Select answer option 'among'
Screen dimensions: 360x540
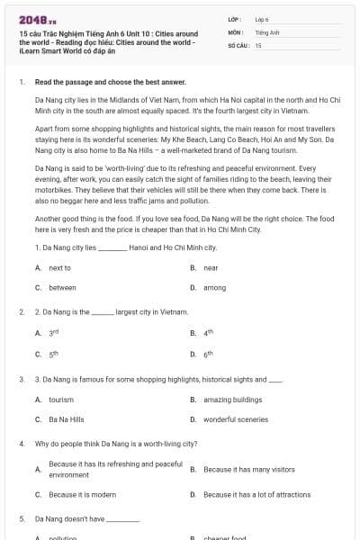(214, 288)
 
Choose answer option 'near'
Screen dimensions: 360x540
(211, 268)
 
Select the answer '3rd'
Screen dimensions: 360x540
(53, 333)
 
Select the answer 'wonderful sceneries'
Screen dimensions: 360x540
(236, 419)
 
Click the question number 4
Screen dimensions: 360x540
(22, 444)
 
